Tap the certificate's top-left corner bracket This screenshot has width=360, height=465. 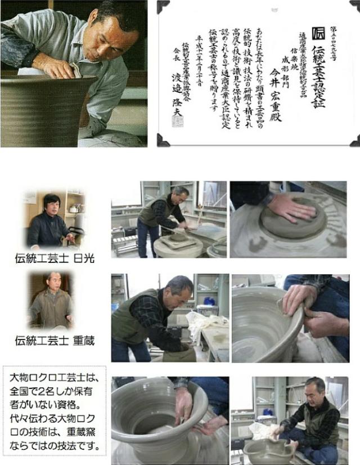163,6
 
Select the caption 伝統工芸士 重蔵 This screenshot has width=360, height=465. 55,341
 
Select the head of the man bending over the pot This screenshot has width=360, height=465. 179,287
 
